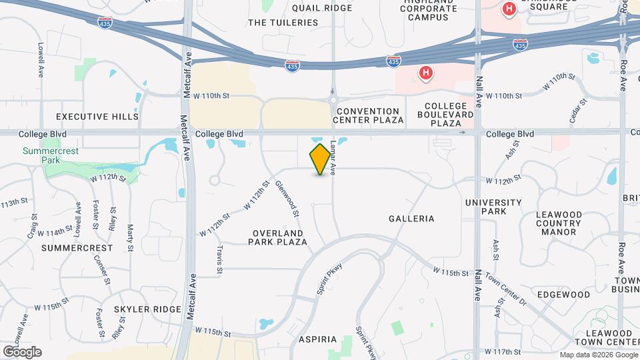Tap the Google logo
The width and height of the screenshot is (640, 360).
[x=22, y=351]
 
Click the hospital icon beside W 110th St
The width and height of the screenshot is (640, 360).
[x=425, y=73]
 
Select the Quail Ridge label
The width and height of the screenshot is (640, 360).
[x=322, y=8]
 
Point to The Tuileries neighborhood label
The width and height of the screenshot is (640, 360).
[x=283, y=23]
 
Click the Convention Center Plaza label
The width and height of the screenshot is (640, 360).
[x=370, y=115]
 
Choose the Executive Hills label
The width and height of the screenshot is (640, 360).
[x=97, y=117]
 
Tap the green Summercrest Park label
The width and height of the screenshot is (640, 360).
[x=50, y=155]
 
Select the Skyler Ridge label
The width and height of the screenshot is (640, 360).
[x=147, y=309]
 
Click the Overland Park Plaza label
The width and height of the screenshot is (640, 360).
[x=278, y=237]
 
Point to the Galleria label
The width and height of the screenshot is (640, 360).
[x=411, y=219]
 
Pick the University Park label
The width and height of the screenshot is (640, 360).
[x=493, y=207]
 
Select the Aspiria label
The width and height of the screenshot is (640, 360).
[x=318, y=339]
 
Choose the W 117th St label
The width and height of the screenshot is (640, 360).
[x=503, y=351]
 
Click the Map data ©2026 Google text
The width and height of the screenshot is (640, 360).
[x=597, y=355]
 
